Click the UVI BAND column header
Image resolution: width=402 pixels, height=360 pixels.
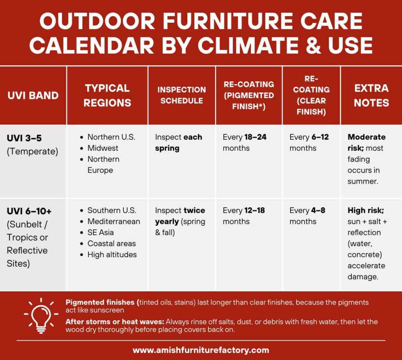(33, 95)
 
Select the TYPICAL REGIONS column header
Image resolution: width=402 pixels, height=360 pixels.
(107, 95)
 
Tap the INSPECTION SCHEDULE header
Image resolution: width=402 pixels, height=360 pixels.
(181, 95)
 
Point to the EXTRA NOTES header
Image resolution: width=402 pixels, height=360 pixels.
(371, 95)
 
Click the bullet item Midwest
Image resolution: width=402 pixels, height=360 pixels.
(102, 148)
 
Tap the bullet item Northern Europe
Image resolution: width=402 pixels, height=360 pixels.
(103, 164)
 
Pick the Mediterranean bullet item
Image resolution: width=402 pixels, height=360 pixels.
(113, 221)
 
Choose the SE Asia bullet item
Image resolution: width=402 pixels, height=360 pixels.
(100, 232)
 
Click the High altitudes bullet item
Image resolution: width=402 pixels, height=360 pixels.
(112, 254)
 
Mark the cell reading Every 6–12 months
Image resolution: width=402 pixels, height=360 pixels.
(309, 143)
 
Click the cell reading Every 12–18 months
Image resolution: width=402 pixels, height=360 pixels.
(243, 216)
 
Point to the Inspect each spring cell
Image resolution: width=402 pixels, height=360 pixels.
(179, 143)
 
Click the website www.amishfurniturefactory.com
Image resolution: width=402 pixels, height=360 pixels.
(201, 350)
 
